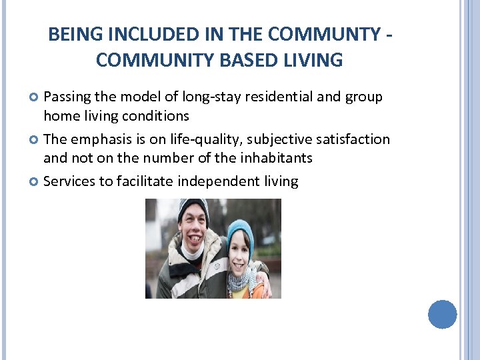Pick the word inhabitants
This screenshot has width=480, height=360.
pyautogui.click(x=275, y=159)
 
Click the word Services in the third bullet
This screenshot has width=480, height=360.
pyautogui.click(x=69, y=181)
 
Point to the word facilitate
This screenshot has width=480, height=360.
pyautogui.click(x=143, y=181)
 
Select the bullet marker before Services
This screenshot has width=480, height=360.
pyautogui.click(x=35, y=181)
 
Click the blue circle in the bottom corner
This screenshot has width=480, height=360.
pyautogui.click(x=442, y=314)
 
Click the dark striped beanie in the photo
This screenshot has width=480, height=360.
pyautogui.click(x=193, y=207)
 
